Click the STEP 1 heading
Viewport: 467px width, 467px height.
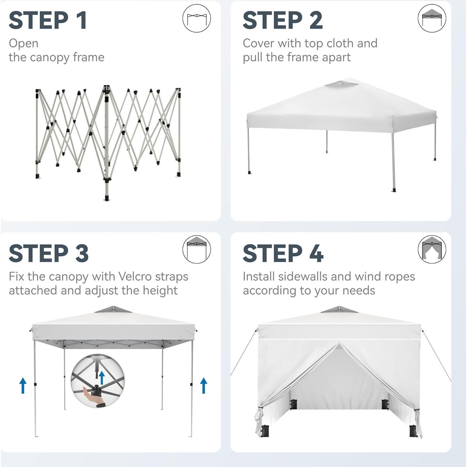pyautogui.click(x=48, y=20)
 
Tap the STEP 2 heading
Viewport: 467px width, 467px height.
pyautogui.click(x=282, y=20)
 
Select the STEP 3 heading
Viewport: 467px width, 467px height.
pyautogui.click(x=48, y=253)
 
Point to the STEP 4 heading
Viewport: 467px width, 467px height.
pyautogui.click(x=283, y=253)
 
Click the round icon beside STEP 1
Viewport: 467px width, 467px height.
pyautogui.click(x=196, y=18)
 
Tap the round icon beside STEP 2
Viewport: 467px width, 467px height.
pyautogui.click(x=432, y=18)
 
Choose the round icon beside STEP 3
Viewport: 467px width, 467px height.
pyautogui.click(x=196, y=250)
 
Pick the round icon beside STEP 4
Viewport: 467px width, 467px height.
pyautogui.click(x=432, y=250)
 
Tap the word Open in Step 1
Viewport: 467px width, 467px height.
pyautogui.click(x=23, y=43)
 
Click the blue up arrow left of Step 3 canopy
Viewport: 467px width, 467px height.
pyautogui.click(x=23, y=385)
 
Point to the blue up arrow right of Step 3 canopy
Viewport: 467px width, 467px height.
pyautogui.click(x=203, y=385)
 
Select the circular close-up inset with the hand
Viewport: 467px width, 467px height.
pyautogui.click(x=98, y=381)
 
